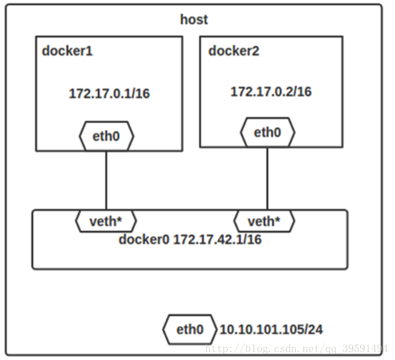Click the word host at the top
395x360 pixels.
click(194, 20)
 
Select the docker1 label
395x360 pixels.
click(67, 51)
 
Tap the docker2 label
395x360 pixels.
click(233, 51)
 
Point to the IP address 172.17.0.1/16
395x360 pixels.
click(109, 94)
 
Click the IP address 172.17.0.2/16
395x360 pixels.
click(271, 91)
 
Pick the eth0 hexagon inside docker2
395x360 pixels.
click(268, 133)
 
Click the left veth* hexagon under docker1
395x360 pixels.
click(106, 221)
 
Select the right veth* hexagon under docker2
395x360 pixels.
click(265, 221)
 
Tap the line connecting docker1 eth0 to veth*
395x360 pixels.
click(106, 180)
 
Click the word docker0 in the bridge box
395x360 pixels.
click(143, 239)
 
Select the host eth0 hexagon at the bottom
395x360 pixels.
click(190, 330)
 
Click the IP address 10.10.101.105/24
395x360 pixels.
click(271, 330)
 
